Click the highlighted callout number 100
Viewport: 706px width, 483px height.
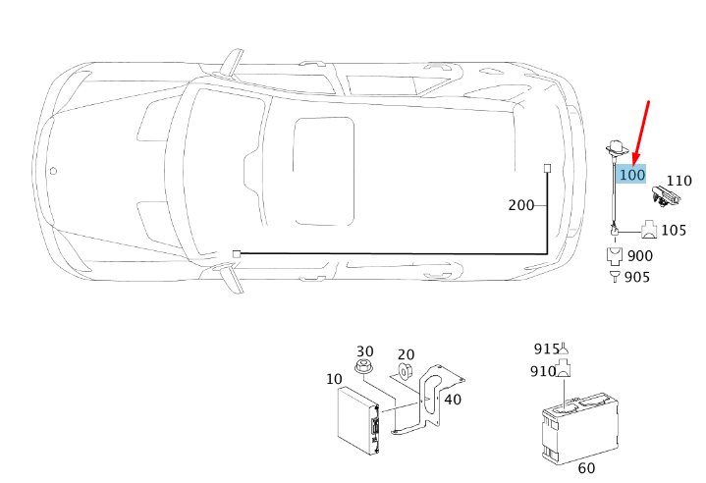point(632,174)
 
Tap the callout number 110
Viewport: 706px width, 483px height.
point(679,181)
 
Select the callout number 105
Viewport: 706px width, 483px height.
point(674,230)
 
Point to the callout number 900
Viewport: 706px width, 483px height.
point(640,255)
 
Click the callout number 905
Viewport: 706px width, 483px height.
point(637,277)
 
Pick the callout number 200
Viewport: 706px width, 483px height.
point(521,205)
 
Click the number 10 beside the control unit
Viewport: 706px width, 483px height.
point(334,379)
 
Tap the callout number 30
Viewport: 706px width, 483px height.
point(365,351)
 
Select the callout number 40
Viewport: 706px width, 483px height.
point(453,400)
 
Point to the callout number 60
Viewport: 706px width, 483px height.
point(586,468)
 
